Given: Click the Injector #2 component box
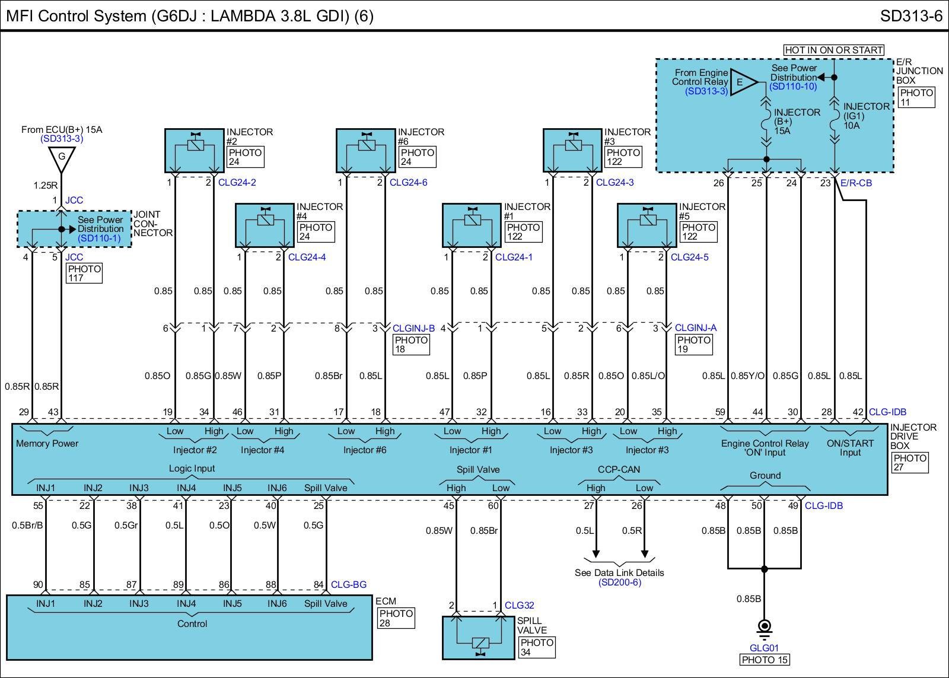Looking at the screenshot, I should coord(194,150).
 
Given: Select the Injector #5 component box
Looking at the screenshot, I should coord(647,225).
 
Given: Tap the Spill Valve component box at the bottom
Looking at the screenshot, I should coord(479,638).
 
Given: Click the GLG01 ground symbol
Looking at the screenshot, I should coord(764,626).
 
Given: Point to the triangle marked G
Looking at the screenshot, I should coord(61,157).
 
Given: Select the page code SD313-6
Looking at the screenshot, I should coord(910,15).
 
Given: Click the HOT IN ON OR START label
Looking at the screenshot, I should coord(833,50).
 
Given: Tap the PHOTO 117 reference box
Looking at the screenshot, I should coord(84,273).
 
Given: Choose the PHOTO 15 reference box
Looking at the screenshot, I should coord(764,660).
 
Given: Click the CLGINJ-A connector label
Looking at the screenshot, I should coord(696,327).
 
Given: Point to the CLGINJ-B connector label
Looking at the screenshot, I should coord(413,327).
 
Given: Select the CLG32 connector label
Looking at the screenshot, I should coord(519,605).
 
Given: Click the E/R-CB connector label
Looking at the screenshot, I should coord(856,183).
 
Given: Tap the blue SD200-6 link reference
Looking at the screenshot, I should coord(619,582).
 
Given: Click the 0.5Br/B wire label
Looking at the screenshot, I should coord(27,525).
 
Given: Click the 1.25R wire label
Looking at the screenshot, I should coord(45,185).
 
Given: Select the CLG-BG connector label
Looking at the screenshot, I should coord(348,584).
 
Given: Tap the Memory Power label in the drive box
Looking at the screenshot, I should coord(47,443).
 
